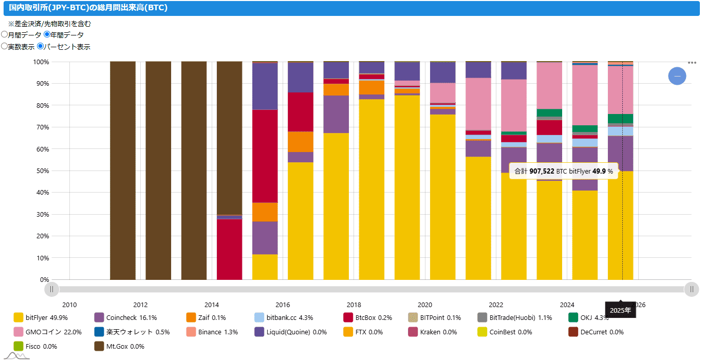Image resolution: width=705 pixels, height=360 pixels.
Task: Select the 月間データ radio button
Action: click(5, 35)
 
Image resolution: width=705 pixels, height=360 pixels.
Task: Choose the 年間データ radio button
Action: click(47, 35)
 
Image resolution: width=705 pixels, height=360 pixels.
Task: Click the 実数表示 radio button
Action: click(5, 46)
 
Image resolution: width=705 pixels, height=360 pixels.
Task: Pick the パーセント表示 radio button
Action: click(41, 46)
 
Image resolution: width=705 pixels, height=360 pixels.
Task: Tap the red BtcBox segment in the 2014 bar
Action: click(229, 249)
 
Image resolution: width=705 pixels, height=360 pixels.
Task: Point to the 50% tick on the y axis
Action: click(41, 170)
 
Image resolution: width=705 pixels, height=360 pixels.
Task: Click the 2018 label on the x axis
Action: click(354, 305)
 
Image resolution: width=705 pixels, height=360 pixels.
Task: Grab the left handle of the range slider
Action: click(51, 289)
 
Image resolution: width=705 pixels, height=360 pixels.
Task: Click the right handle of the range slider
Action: click(692, 289)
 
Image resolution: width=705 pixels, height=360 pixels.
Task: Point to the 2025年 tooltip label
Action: click(620, 311)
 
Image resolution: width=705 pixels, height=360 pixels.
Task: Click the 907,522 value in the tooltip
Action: click(542, 171)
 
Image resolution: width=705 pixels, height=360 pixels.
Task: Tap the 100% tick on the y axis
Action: click(41, 62)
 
